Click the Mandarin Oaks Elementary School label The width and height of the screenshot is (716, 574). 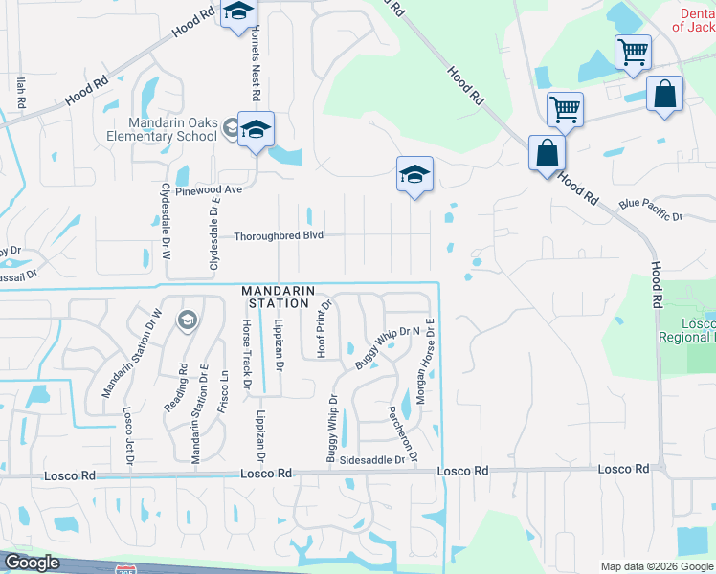tap(174, 129)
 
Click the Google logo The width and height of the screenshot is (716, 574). tap(33, 563)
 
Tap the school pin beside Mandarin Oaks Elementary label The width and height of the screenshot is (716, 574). tap(256, 130)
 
